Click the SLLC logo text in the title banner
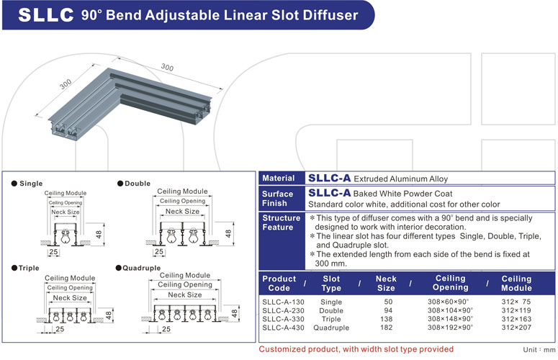coord(44,14)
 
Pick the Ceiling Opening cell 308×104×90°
coord(451,310)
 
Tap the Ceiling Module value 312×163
coord(516,319)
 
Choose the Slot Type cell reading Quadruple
coord(331,328)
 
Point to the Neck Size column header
coord(386,283)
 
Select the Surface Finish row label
coord(278,199)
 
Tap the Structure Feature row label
coord(282,222)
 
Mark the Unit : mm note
coord(538,349)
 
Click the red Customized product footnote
coord(356,349)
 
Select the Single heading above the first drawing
coord(31,184)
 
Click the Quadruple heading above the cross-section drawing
coord(141,268)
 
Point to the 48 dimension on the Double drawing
coord(228,233)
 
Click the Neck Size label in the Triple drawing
coord(70,297)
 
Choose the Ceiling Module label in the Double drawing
coord(181,192)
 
